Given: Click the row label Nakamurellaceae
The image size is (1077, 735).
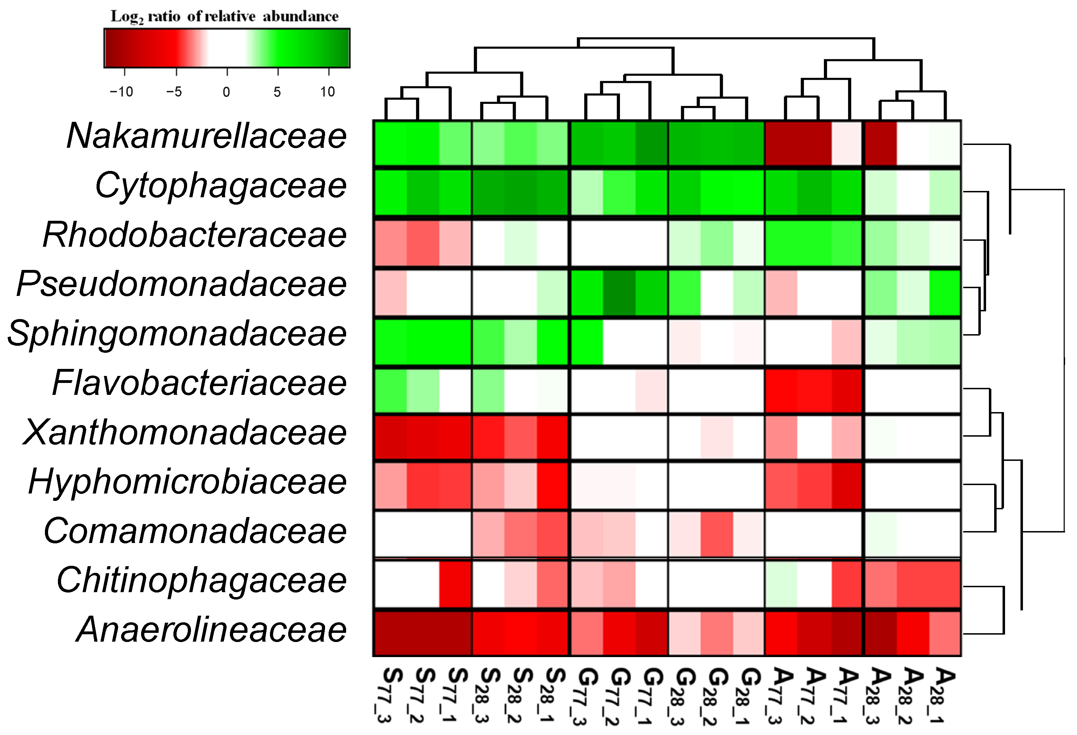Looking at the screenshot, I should (206, 136).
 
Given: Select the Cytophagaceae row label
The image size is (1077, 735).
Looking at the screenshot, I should (220, 186).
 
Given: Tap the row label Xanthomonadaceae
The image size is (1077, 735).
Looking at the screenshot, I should (184, 432).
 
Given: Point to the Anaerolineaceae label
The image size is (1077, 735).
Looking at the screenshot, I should (211, 630).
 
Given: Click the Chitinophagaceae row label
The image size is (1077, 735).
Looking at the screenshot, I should (201, 580).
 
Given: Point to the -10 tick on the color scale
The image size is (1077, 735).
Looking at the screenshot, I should (121, 92).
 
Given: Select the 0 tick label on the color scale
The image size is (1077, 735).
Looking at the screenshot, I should (226, 92).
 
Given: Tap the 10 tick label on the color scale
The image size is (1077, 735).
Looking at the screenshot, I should (327, 92).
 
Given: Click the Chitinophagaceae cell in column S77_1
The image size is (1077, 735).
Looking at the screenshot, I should (455, 584).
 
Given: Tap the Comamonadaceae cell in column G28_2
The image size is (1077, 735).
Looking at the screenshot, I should (716, 534).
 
